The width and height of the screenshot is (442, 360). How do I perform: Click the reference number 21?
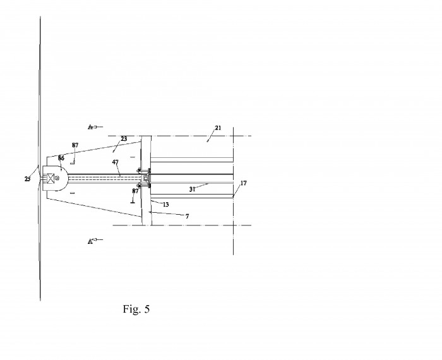point(218,128)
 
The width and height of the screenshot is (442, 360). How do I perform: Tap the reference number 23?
point(124,139)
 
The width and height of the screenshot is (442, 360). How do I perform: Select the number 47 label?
point(116,162)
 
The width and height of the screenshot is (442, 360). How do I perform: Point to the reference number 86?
point(61,158)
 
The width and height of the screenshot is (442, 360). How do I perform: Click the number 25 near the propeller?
point(27,179)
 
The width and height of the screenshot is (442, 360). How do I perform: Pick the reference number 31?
point(192,189)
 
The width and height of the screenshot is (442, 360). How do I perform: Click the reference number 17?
point(243,183)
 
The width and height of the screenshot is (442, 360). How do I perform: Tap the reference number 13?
point(165,205)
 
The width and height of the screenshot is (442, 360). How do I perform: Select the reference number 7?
point(187,216)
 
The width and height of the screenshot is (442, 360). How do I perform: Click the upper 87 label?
point(75,145)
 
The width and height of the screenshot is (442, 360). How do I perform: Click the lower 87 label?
point(135,191)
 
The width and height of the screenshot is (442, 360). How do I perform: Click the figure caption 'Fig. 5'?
point(136,309)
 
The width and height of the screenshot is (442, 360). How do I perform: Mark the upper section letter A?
point(90,127)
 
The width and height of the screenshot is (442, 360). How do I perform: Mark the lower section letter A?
point(90,242)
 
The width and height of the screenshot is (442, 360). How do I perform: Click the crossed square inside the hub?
point(51,178)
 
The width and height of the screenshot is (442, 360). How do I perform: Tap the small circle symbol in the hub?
point(57,178)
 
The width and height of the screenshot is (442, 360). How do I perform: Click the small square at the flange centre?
point(145,178)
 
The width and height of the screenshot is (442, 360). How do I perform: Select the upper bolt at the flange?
point(139,171)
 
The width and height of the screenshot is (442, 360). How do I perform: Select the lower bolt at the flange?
point(139,185)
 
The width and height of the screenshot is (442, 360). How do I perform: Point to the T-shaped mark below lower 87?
point(133,200)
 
